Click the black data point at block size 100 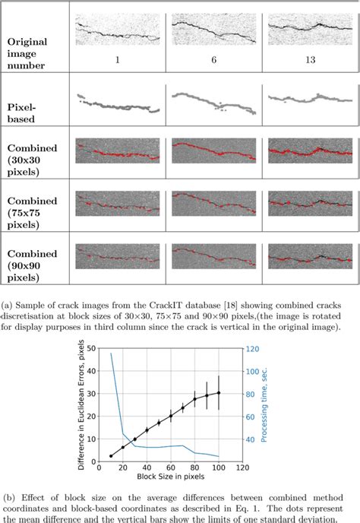219,393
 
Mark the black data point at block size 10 111,456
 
